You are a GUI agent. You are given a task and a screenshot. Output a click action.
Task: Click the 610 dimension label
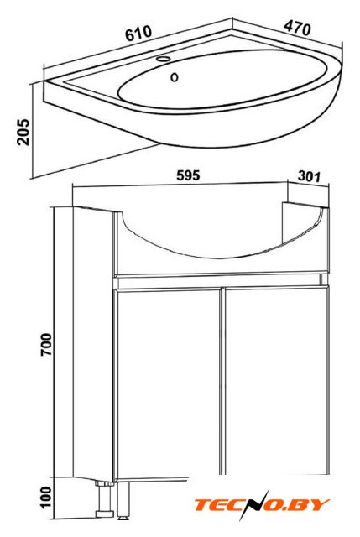[x=138, y=34]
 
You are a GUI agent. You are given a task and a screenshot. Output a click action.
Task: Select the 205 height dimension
[x=23, y=132]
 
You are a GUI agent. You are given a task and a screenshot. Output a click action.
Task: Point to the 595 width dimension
[x=188, y=175]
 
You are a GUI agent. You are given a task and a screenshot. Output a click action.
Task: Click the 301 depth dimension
[x=310, y=176]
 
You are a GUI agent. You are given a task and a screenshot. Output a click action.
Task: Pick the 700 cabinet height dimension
[x=46, y=344]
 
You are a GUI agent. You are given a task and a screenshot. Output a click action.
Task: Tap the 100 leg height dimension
[x=46, y=497]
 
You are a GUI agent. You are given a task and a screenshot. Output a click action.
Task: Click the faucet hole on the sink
[x=163, y=59]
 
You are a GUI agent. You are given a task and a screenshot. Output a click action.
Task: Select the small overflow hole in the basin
[x=175, y=77]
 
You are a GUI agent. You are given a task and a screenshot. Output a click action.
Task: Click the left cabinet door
[x=168, y=381]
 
